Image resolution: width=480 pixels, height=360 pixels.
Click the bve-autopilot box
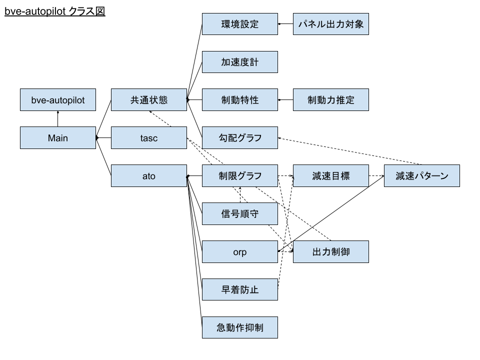click(x=58, y=100)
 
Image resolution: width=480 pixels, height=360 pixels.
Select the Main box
click(x=58, y=138)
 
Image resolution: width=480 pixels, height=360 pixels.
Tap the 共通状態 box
click(x=149, y=100)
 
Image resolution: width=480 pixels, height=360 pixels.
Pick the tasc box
click(x=149, y=138)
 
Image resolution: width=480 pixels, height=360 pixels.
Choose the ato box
click(x=149, y=176)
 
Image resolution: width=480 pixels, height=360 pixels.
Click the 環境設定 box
click(x=240, y=24)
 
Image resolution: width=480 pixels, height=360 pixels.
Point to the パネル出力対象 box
click(x=331, y=24)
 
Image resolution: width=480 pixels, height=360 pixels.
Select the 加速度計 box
click(x=240, y=62)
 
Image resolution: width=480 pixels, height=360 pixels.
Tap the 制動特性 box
click(x=240, y=100)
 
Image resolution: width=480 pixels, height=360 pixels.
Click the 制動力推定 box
click(x=331, y=100)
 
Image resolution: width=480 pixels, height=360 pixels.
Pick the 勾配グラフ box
click(x=240, y=138)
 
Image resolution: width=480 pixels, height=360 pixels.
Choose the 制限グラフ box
click(x=240, y=176)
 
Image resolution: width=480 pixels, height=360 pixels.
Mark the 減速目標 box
click(x=331, y=176)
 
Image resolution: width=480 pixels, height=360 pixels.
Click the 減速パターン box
click(x=422, y=176)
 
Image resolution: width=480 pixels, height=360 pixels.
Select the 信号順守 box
click(x=240, y=214)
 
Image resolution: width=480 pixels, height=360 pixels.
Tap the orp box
click(x=240, y=252)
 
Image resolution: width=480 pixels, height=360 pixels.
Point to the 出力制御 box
click(x=331, y=252)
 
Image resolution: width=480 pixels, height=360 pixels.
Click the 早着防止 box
click(x=240, y=290)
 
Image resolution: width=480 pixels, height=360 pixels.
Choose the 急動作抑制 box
click(x=240, y=328)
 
